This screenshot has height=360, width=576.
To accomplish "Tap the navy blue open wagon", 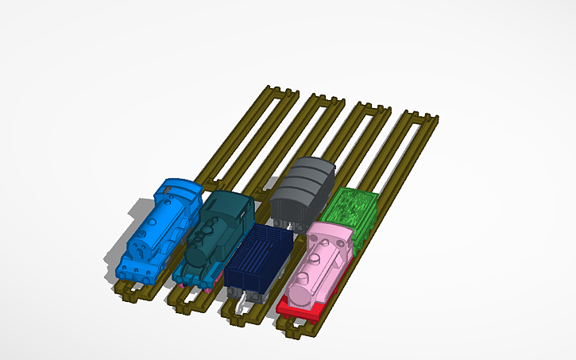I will pyautogui.click(x=257, y=258).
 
